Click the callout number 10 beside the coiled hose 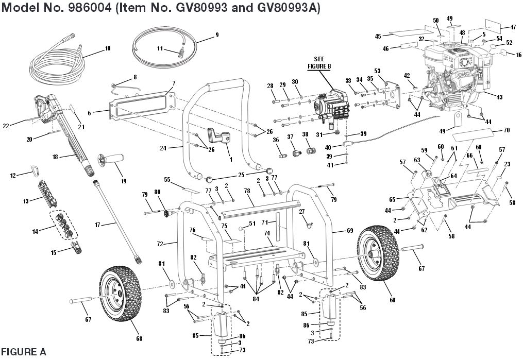[x=107, y=48]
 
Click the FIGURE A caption [x=24, y=352]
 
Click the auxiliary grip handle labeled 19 [x=113, y=162]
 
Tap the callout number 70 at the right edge [x=505, y=130]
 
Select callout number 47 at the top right [x=512, y=27]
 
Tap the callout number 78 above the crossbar [x=247, y=191]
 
